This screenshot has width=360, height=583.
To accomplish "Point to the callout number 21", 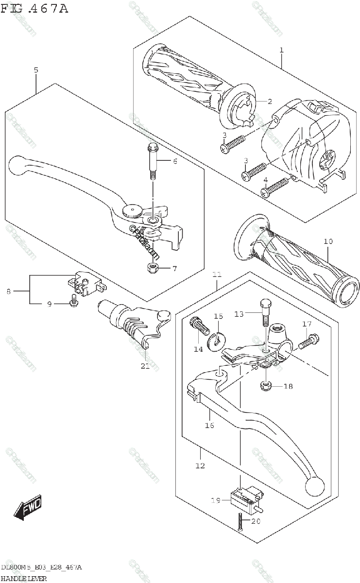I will coord(145,366).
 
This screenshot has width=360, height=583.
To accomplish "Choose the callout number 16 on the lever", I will coord(209,425).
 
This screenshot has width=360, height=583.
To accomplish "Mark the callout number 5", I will coord(36,70).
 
